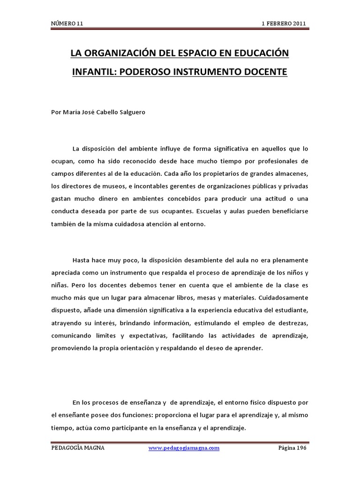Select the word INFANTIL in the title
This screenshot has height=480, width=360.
point(91,73)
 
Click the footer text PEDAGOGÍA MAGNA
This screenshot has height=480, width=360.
point(78,448)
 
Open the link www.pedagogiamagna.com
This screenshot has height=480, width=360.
point(184,448)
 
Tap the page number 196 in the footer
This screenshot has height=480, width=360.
point(300,448)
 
